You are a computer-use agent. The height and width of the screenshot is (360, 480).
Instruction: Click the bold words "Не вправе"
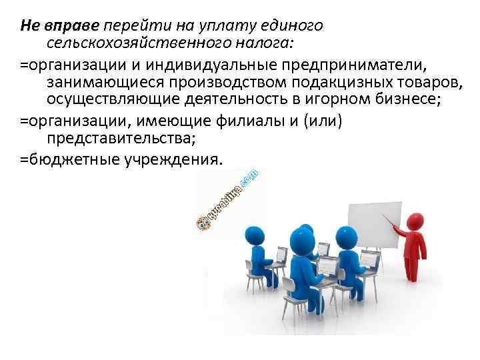coord(59,26)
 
